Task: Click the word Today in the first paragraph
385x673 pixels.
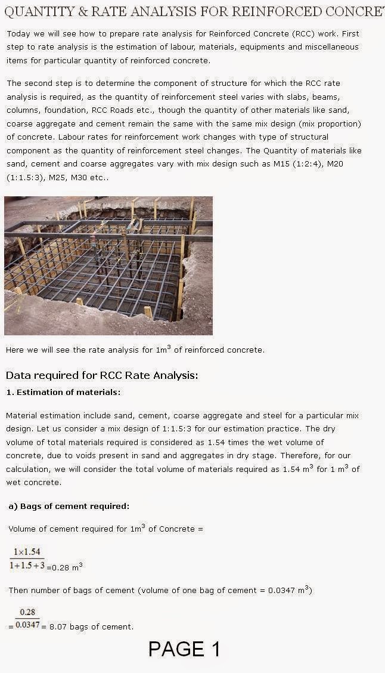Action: pyautogui.click(x=18, y=33)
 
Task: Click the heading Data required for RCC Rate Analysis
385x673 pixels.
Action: pyautogui.click(x=101, y=375)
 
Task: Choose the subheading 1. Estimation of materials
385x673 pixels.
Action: pyautogui.click(x=63, y=392)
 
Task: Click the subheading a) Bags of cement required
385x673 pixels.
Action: pyautogui.click(x=69, y=507)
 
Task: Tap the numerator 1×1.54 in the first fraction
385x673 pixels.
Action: pyautogui.click(x=27, y=552)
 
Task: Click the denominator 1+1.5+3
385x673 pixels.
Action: pyautogui.click(x=27, y=565)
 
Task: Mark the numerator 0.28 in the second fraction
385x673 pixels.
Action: pyautogui.click(x=27, y=612)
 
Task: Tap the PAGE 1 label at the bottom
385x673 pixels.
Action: pyautogui.click(x=184, y=649)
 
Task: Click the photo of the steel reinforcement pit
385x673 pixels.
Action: pyautogui.click(x=108, y=266)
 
